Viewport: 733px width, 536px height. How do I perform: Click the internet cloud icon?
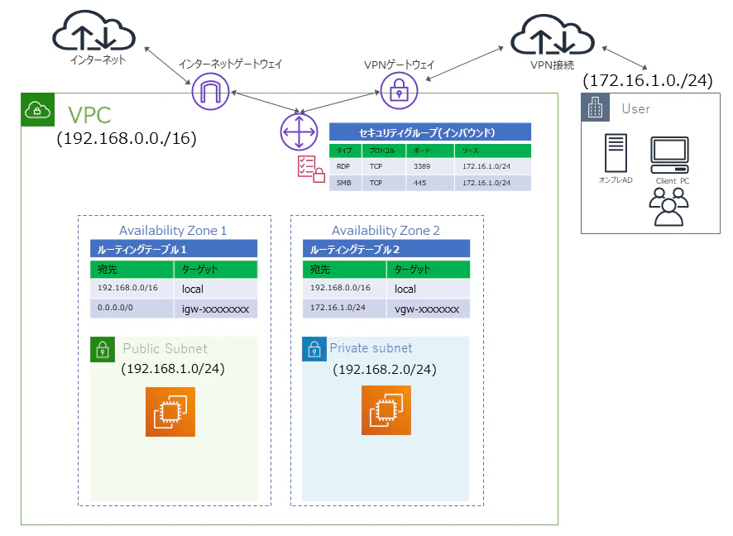click(x=93, y=31)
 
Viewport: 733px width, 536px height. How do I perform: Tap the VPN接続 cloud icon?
click(x=552, y=36)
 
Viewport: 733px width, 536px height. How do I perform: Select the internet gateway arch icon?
click(x=210, y=91)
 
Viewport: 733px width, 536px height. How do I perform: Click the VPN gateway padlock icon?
click(x=399, y=91)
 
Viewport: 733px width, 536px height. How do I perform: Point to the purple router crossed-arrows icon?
click(x=299, y=132)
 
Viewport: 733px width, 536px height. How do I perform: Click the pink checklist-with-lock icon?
click(x=311, y=170)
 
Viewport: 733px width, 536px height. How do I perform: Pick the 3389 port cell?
click(x=429, y=166)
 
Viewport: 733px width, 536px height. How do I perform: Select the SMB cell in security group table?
click(x=346, y=183)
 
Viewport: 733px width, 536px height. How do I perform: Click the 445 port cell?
click(x=429, y=183)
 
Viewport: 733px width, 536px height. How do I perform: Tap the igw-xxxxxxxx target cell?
click(x=215, y=309)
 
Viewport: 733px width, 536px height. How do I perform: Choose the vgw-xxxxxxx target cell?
click(x=428, y=309)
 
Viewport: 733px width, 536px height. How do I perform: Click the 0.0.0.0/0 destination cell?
click(x=132, y=309)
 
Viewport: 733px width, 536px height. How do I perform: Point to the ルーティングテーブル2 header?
click(x=386, y=249)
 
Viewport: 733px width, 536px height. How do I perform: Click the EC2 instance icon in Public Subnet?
click(x=170, y=412)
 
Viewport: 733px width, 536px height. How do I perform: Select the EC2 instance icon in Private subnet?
click(x=386, y=410)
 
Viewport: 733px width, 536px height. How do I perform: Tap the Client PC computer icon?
click(x=670, y=156)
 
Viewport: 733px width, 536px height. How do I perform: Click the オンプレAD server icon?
click(x=616, y=153)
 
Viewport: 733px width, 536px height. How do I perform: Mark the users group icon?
click(x=668, y=207)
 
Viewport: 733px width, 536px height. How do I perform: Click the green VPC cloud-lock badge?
click(x=38, y=110)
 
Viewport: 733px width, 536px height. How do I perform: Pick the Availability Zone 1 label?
click(x=173, y=231)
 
